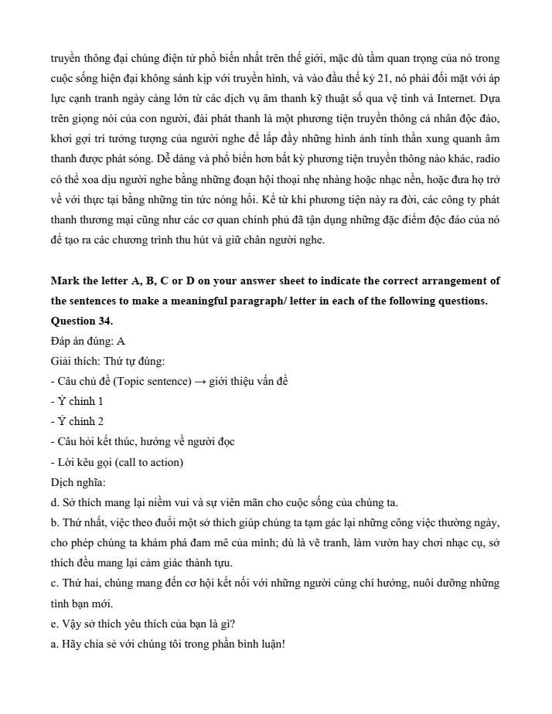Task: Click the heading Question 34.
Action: (81, 321)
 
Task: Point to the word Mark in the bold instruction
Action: (65, 280)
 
